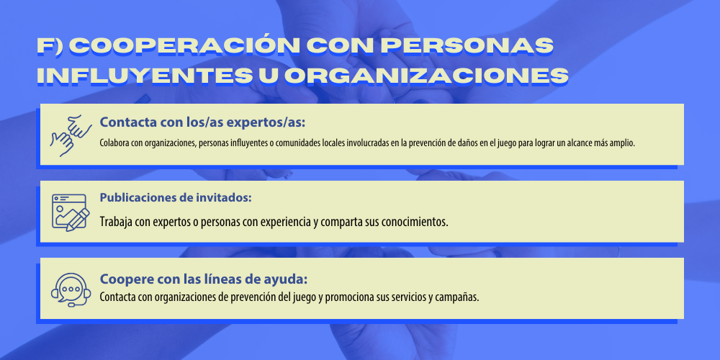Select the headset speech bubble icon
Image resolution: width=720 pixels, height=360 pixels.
click(x=71, y=289)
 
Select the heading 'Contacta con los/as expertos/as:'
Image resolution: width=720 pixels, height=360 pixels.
click(x=202, y=123)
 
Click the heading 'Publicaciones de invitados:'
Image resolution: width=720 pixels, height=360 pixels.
click(x=176, y=198)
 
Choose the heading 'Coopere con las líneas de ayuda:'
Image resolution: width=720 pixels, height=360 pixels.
click(x=204, y=279)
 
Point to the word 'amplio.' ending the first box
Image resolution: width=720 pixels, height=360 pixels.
click(x=622, y=143)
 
